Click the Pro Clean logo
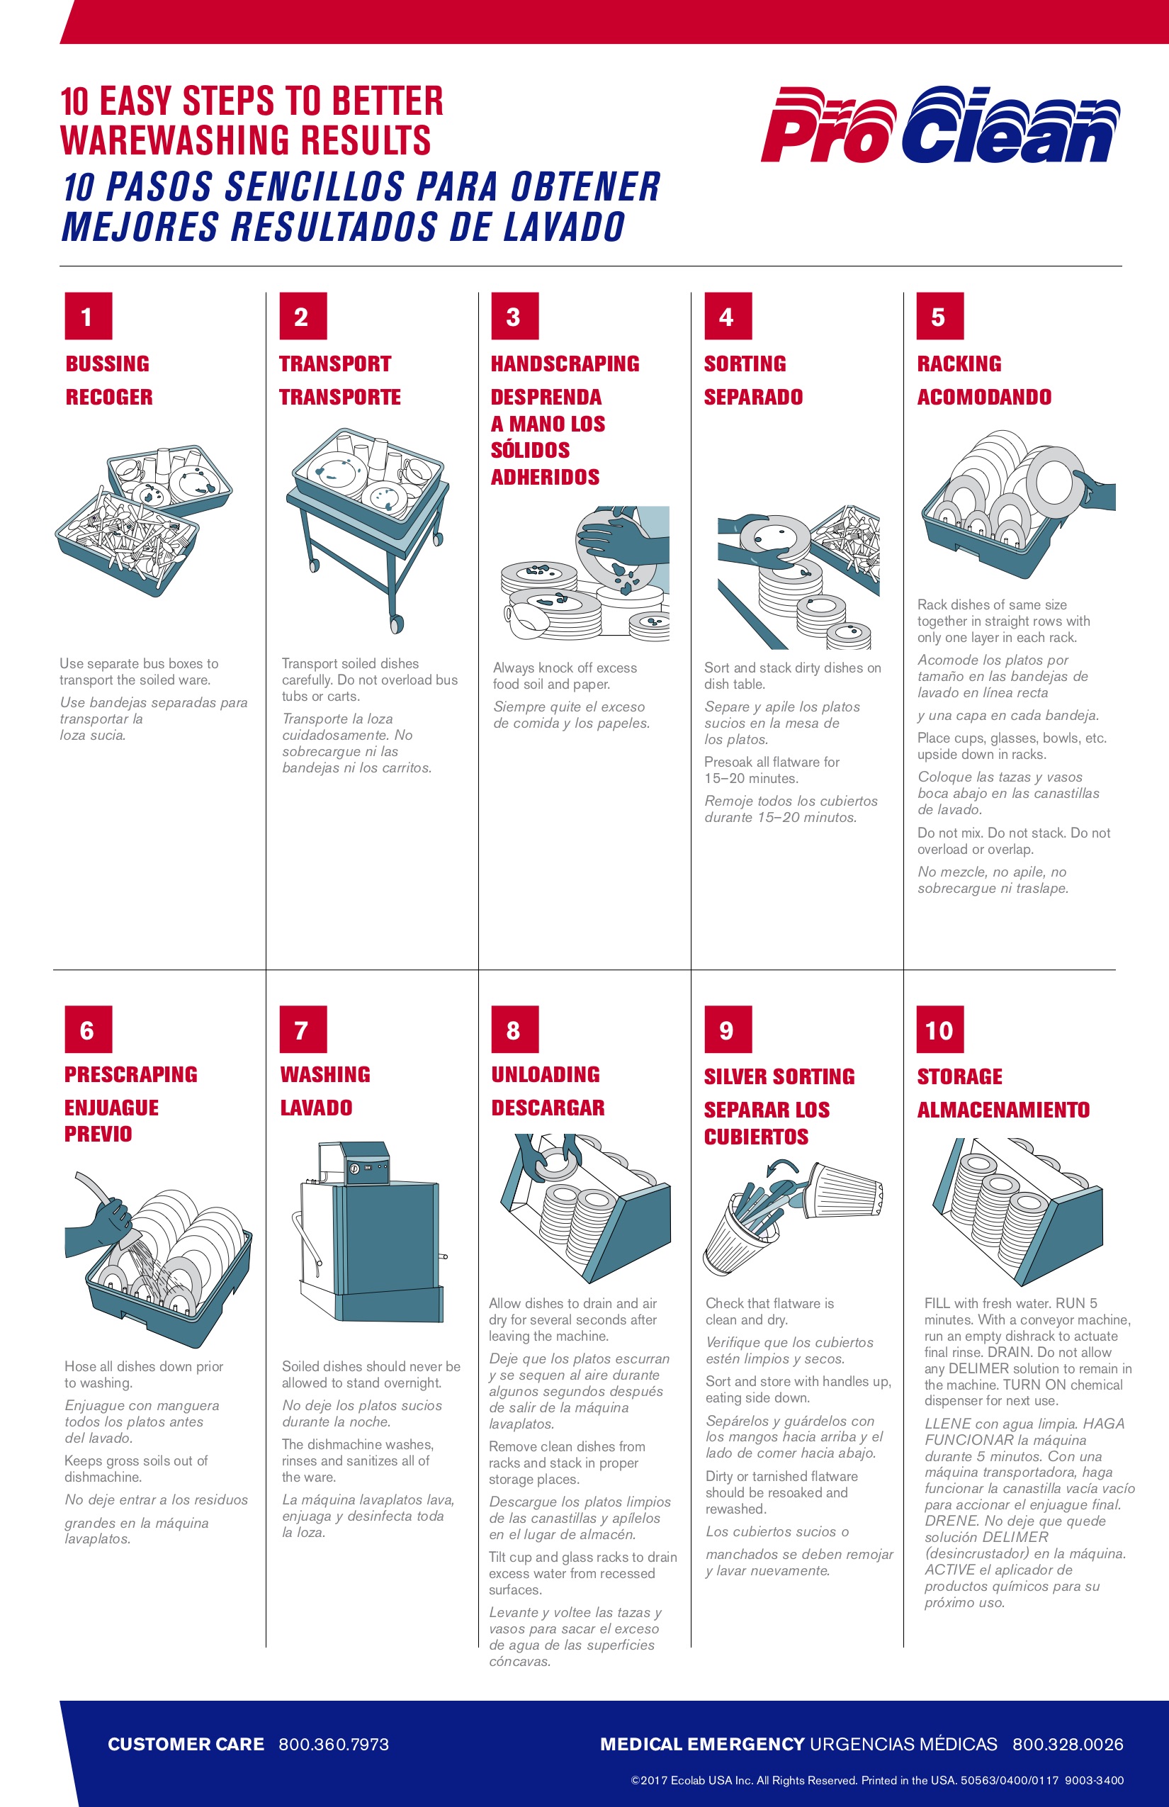point(939,125)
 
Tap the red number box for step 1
point(88,316)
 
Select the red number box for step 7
point(303,1030)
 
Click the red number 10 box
point(939,1030)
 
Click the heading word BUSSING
point(107,364)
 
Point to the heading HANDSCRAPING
point(565,364)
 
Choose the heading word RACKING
point(959,364)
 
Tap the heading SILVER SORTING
point(779,1076)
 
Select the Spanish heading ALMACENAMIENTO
point(1003,1110)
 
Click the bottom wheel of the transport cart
point(396,624)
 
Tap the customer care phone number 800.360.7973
point(334,1744)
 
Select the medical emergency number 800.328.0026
point(1067,1744)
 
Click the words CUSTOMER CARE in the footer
point(186,1744)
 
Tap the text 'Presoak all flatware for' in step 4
point(772,762)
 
